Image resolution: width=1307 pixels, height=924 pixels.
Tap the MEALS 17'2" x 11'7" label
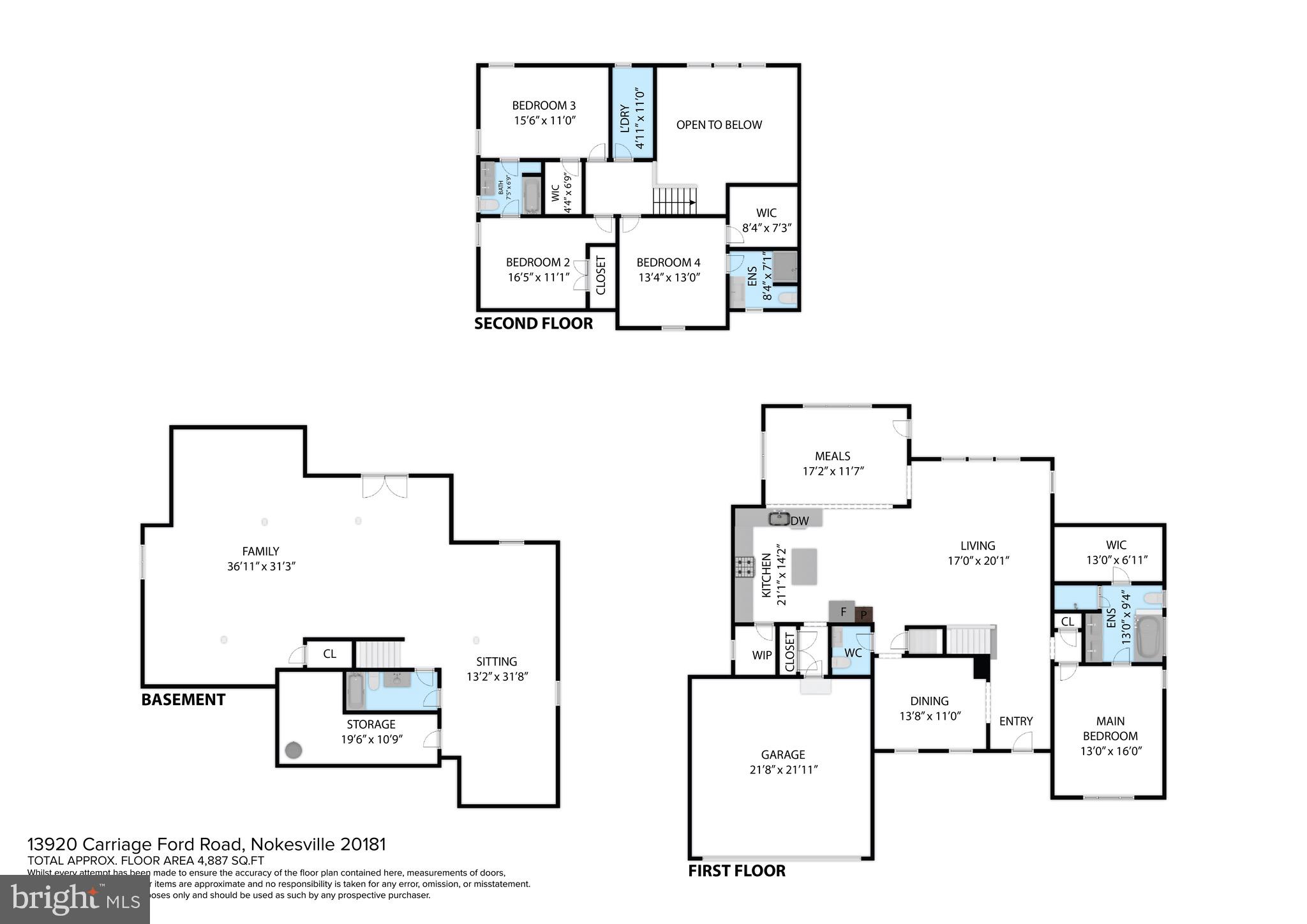pos(832,464)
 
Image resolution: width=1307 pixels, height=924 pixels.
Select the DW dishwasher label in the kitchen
pos(800,521)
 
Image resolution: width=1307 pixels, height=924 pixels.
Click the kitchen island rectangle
pos(804,566)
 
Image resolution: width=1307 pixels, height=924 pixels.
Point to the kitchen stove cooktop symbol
pos(744,567)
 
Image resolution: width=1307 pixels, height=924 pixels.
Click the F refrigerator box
pos(842,612)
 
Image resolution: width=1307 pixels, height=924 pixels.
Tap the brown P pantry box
pos(863,615)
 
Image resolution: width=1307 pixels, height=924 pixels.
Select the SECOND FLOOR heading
pos(534,324)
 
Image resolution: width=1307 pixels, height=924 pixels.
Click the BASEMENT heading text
pos(183,700)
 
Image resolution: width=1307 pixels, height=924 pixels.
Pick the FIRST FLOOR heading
pos(736,871)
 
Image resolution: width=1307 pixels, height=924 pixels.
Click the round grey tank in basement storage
pos(293,750)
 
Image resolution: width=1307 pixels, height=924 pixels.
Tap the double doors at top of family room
pos(385,486)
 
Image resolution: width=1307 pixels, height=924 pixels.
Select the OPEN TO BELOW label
pos(719,125)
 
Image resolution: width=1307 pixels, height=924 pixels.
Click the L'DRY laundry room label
pos(625,119)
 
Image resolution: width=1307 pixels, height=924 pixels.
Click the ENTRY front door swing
pos(1022,741)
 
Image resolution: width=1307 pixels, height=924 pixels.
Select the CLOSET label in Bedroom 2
pos(601,276)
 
